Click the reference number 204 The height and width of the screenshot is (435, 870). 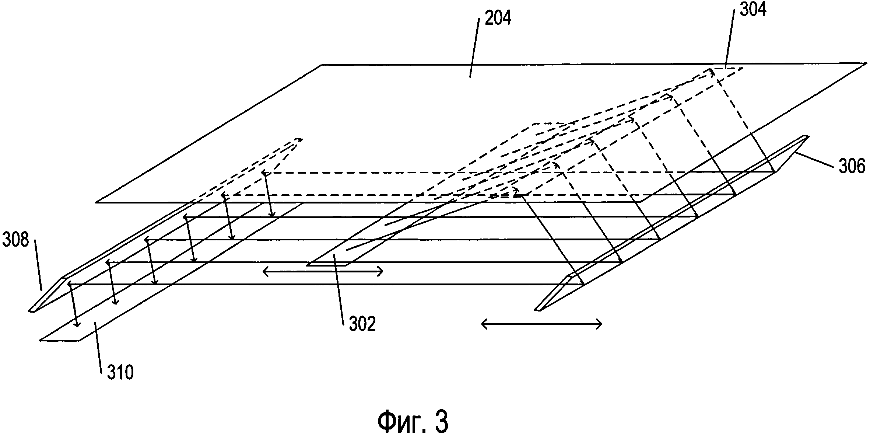tap(498, 18)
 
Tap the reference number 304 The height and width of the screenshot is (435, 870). tap(753, 10)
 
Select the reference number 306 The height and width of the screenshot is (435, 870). tap(852, 166)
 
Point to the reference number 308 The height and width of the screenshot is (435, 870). tap(15, 240)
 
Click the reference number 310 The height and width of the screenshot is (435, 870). tap(120, 373)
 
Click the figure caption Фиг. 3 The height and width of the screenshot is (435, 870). tap(413, 422)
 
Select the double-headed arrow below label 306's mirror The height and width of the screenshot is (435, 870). tap(542, 324)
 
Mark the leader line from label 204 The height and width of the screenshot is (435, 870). tap(474, 48)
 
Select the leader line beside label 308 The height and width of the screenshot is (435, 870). tap(38, 265)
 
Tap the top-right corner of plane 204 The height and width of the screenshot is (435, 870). tap(866, 64)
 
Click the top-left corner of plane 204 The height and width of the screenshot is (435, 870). tap(322, 65)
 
